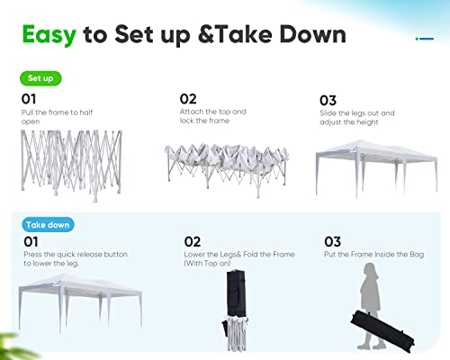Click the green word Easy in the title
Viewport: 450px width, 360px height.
pos(49,35)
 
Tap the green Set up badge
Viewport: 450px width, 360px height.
pos(40,78)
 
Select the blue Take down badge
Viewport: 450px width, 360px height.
pos(48,225)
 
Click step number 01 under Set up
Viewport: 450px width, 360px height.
pos(29,99)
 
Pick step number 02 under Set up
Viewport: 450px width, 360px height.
pos(188,99)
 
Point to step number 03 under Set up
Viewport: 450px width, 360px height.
pos(328,101)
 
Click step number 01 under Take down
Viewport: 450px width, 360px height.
pos(31,242)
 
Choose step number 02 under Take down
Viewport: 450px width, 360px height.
pos(193,242)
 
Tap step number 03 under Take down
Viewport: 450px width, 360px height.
pos(332,242)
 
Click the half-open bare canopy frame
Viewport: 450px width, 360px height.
pos(71,165)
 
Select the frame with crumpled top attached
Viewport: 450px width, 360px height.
pos(227,169)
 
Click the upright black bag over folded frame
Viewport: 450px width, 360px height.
pos(237,293)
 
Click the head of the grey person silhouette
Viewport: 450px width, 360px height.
pos(371,271)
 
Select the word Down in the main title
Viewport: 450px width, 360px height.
pos(312,35)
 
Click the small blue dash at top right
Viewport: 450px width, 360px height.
pos(427,39)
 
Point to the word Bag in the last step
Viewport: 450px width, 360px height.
pos(417,255)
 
